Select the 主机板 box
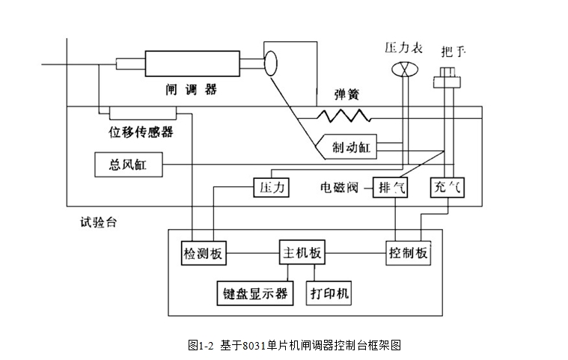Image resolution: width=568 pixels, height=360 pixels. pos(302,252)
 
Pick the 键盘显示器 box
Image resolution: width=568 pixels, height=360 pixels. pos(254,292)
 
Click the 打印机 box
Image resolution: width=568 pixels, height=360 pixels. pos(330,292)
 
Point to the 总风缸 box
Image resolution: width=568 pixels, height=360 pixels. pos(127,164)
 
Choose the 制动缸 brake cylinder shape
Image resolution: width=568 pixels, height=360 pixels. pos(346,147)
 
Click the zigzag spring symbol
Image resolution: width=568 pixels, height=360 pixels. pos(343,115)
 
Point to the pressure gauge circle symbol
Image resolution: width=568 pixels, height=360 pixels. pos(403,69)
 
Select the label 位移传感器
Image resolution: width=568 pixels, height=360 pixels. pos(141,132)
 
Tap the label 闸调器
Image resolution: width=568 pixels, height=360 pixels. pos(191,89)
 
